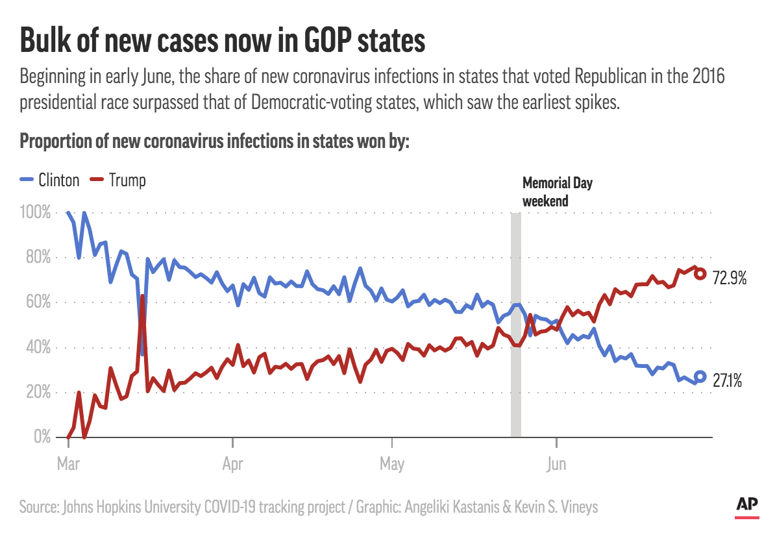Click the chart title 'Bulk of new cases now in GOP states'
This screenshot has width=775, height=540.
222,40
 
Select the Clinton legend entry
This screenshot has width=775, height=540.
50,180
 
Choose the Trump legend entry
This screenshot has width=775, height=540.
117,180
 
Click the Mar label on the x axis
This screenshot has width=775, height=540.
68,464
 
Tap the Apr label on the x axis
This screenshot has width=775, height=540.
232,464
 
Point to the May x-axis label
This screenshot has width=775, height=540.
393,464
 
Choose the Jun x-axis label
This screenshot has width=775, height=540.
556,464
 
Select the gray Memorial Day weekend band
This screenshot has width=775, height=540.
515,325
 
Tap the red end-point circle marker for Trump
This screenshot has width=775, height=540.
700,273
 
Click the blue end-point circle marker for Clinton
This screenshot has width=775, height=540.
700,376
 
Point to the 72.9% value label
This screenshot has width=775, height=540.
730,280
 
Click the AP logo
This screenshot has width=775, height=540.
749,505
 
